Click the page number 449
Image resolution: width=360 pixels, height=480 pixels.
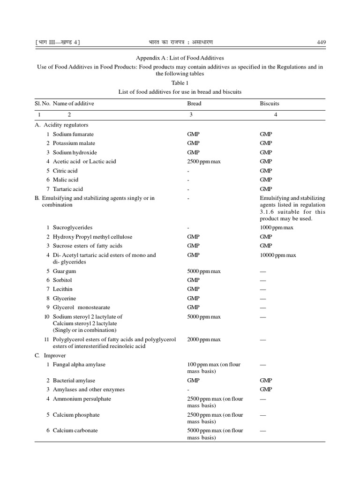pos(321,43)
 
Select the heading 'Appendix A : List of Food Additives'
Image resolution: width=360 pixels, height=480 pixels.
pos(180,58)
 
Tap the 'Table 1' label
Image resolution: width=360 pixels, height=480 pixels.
pos(180,83)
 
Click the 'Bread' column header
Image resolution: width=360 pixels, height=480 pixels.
pos(194,104)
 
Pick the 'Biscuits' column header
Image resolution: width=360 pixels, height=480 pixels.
pos(269,104)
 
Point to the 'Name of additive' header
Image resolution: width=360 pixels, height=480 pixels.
pos(73,104)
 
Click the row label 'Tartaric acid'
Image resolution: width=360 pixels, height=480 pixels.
pos(67,189)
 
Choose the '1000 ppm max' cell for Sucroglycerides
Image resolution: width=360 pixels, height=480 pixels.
pos(277,227)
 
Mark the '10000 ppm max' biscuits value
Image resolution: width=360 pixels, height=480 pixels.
pos(278,255)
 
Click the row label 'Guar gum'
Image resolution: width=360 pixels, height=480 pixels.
pos(64,271)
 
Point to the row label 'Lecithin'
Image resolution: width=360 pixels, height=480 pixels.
pos(62,289)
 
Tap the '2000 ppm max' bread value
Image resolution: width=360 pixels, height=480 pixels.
pos(203,339)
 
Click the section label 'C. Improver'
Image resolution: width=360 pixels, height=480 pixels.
pos(50,356)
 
